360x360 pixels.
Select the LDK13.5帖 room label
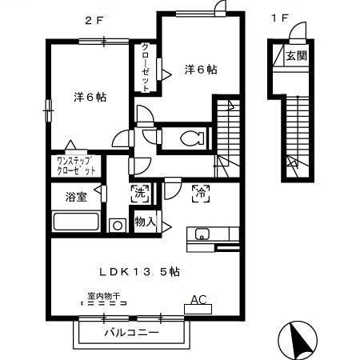[x=139, y=271]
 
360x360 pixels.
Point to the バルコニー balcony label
[x=132, y=332]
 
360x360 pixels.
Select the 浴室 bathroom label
[x=71, y=197]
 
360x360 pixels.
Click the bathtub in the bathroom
[x=75, y=223]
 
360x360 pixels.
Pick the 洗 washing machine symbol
[x=139, y=192]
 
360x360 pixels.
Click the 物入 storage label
[x=145, y=221]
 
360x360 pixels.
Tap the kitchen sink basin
[x=201, y=234]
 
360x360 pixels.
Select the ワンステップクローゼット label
[x=76, y=166]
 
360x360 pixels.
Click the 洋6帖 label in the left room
[x=91, y=97]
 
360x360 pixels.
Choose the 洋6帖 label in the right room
[x=201, y=70]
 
